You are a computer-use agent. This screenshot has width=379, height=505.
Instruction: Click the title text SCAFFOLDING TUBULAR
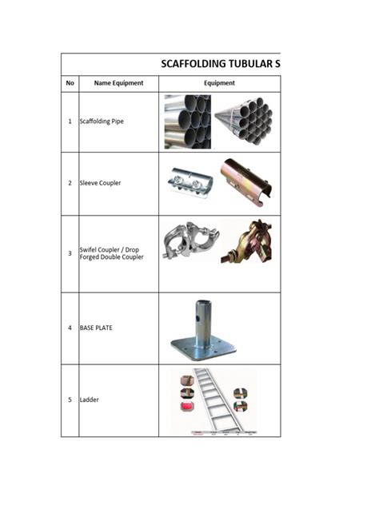point(220,64)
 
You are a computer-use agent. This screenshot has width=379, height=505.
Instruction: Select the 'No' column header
point(70,83)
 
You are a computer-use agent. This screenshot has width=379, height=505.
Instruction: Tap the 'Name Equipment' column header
point(118,83)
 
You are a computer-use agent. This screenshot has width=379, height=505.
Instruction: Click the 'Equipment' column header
point(219,83)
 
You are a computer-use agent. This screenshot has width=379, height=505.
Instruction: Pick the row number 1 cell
point(70,121)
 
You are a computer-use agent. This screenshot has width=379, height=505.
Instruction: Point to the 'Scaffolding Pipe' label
point(102,121)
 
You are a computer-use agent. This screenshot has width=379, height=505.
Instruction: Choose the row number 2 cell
point(70,183)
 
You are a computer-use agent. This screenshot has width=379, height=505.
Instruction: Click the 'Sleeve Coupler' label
point(100,183)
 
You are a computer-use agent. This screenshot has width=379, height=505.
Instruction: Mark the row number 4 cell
point(70,328)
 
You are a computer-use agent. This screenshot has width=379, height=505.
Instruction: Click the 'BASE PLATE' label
point(96,328)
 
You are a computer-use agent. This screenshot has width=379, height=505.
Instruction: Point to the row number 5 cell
point(70,400)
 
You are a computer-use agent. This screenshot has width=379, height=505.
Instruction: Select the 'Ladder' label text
point(90,400)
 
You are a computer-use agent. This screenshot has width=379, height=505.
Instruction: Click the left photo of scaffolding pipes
point(188,121)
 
